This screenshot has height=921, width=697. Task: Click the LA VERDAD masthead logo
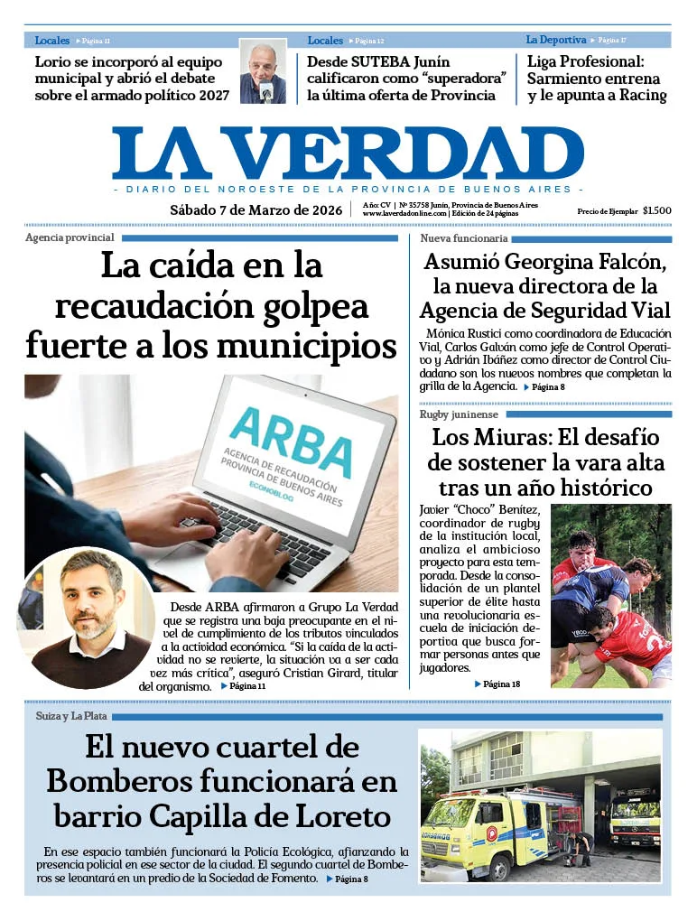(348, 153)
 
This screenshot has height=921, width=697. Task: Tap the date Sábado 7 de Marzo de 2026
(256, 210)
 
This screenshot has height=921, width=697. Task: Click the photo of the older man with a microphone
(264, 71)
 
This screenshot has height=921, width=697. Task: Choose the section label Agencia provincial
(70, 237)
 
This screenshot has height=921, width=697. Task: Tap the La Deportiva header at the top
(555, 40)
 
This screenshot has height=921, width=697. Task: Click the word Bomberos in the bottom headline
(124, 781)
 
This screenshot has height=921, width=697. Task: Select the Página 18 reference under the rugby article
(502, 684)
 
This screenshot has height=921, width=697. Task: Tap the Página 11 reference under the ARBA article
(247, 686)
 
